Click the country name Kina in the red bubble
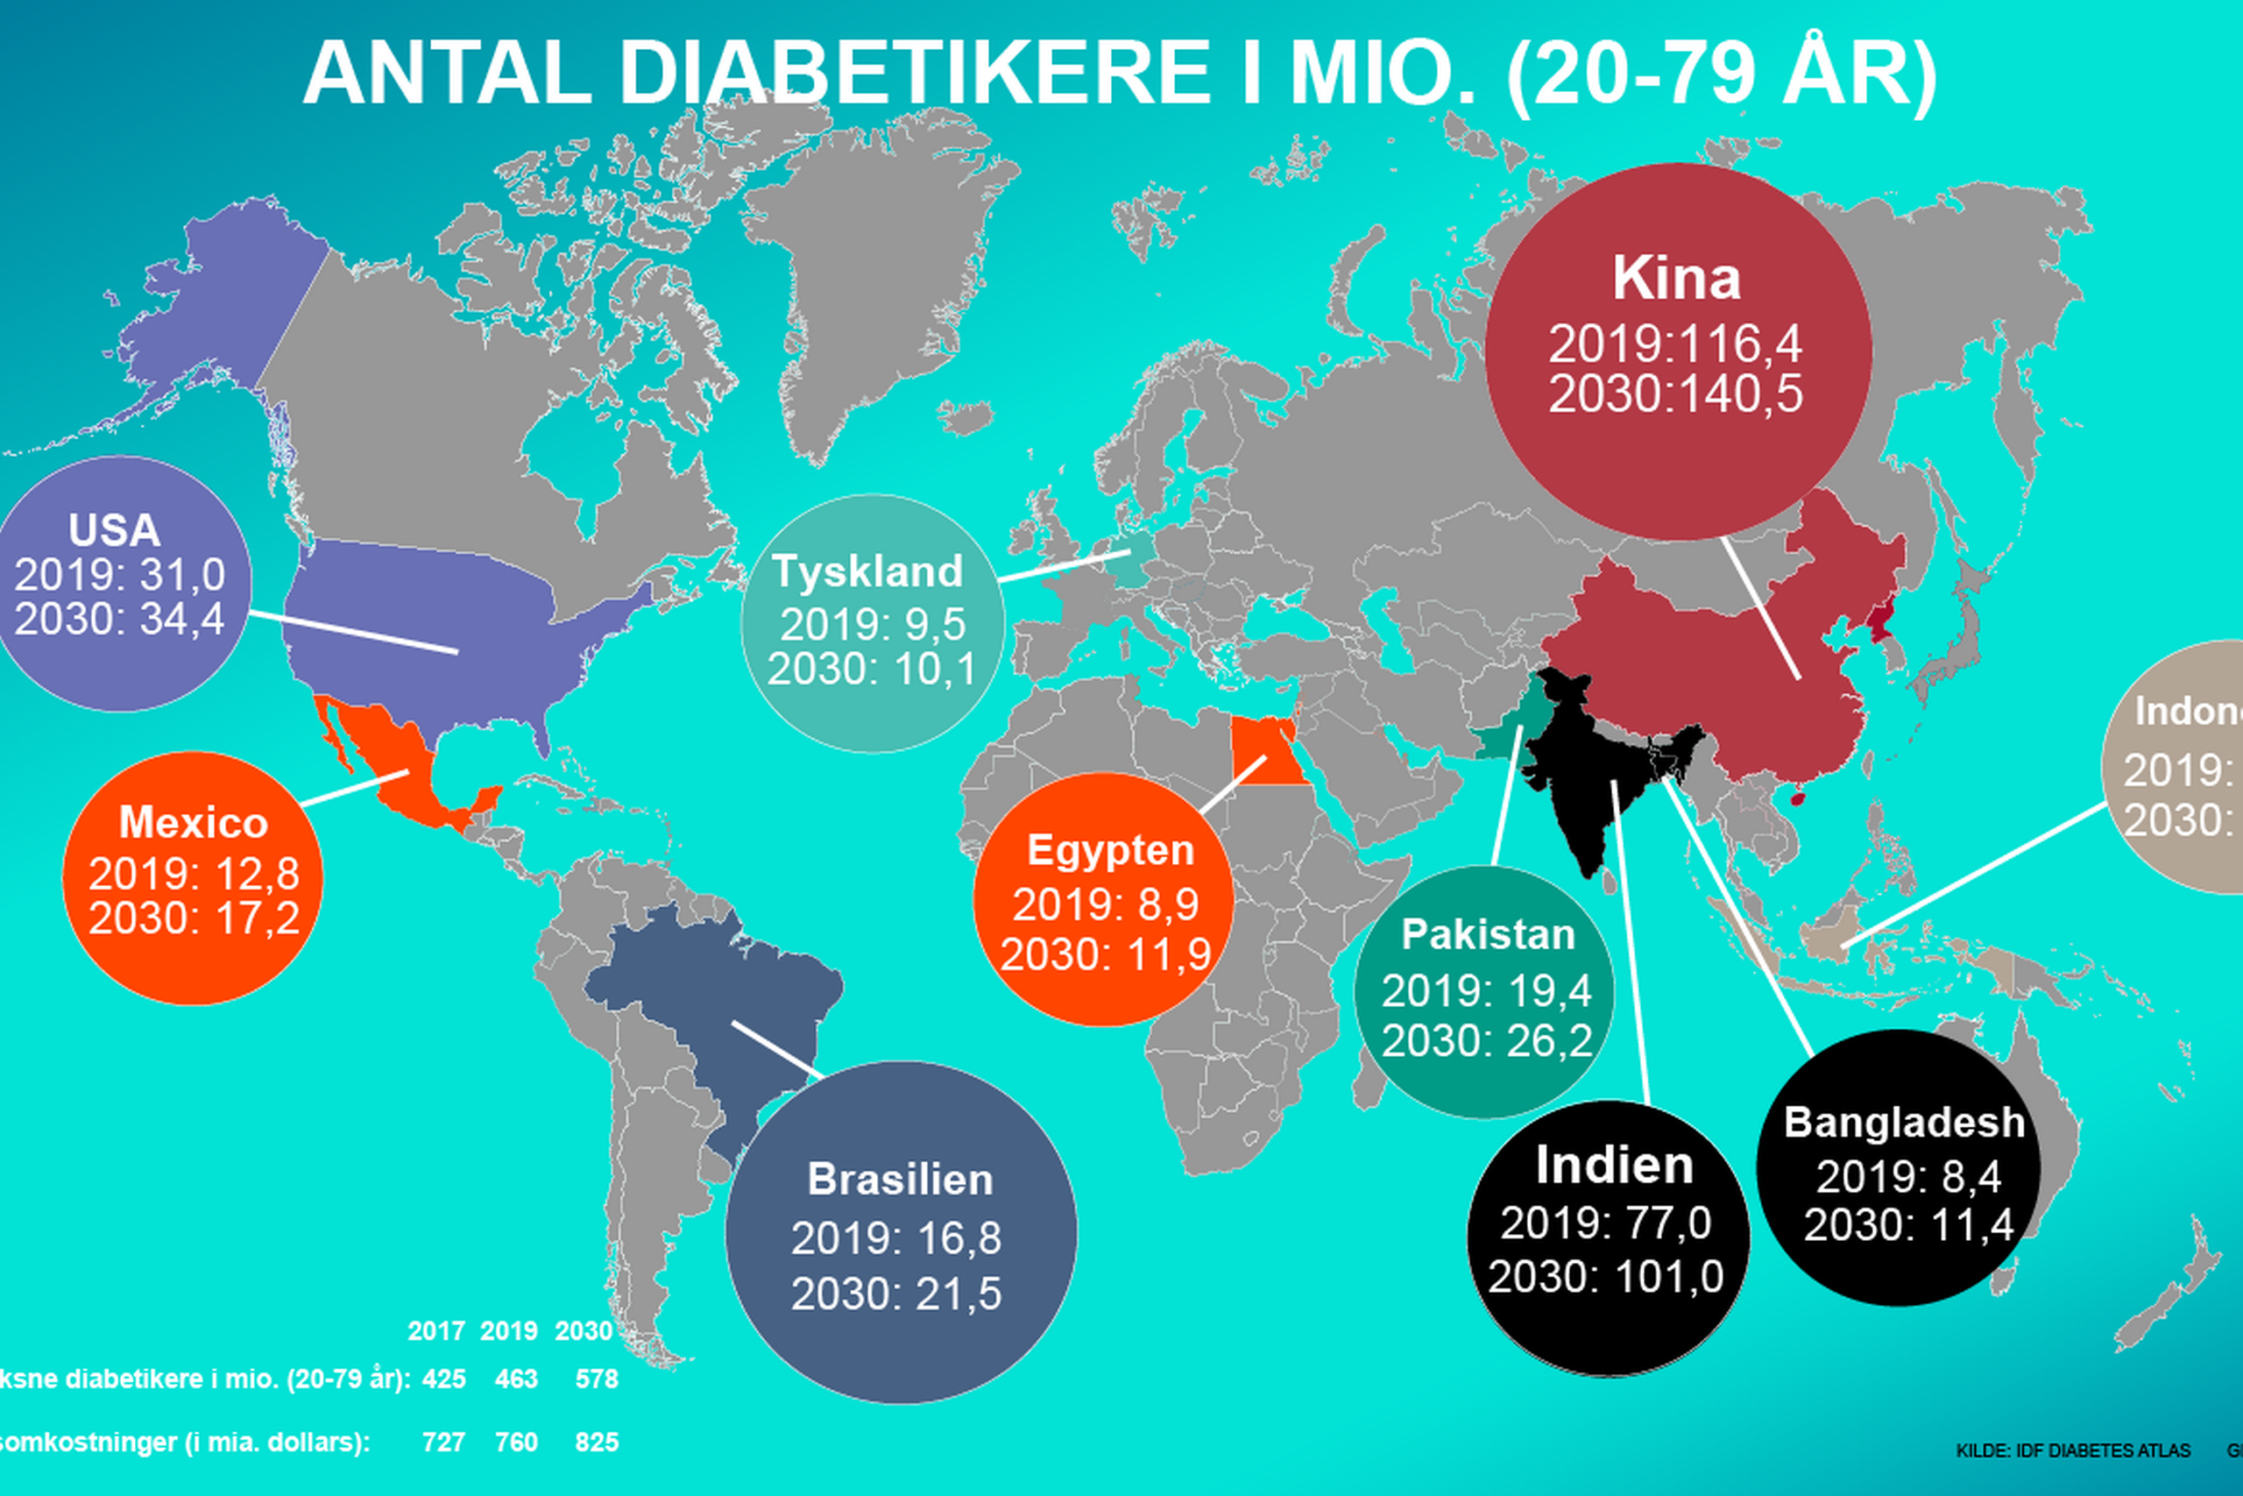pyautogui.click(x=1675, y=279)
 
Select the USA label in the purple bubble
pyautogui.click(x=115, y=530)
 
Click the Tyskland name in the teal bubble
pyautogui.click(x=867, y=571)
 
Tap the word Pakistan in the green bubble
pyautogui.click(x=1488, y=934)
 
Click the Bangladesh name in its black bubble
pyautogui.click(x=1904, y=1122)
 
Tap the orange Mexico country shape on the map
pyautogui.click(x=400, y=763)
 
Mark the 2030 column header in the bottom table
pyautogui.click(x=584, y=1331)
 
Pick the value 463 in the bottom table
pyautogui.click(x=516, y=1379)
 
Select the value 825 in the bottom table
pyautogui.click(x=597, y=1442)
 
